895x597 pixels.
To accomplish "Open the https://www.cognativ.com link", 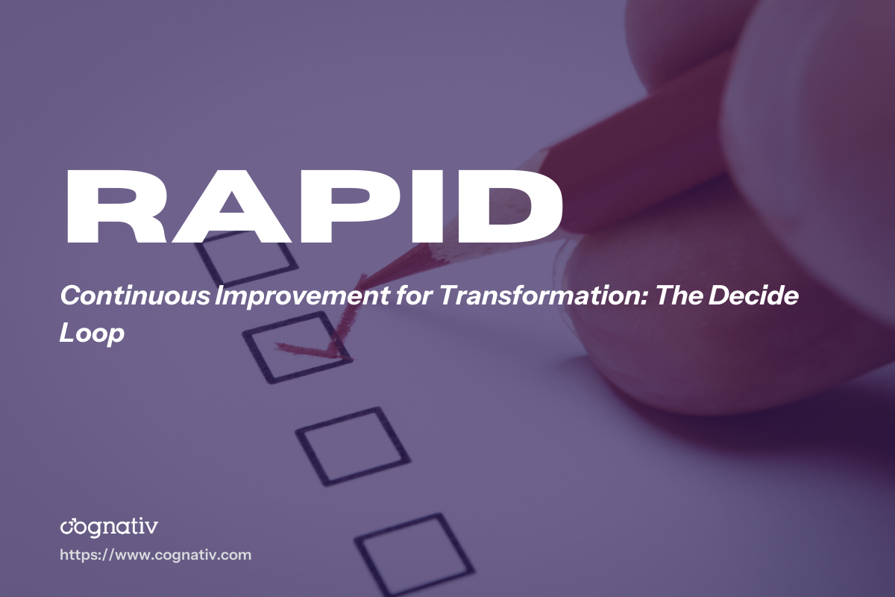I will [155, 555].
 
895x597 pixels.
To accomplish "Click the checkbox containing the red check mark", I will [298, 347].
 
